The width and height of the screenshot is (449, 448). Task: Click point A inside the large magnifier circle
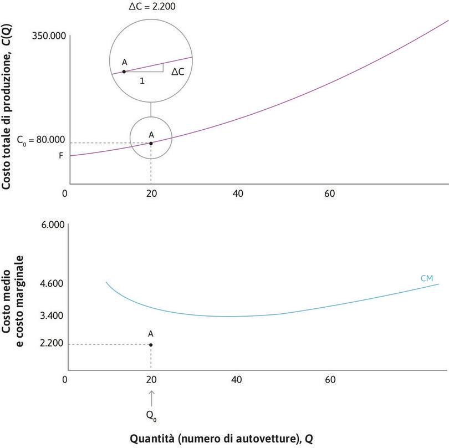pos(124,72)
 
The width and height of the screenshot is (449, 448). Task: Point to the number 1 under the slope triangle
pos(142,80)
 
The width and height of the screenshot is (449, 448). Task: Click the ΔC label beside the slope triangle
pos(178,72)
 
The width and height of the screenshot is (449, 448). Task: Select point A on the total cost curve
pos(151,143)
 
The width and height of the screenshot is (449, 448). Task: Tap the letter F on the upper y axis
pos(61,156)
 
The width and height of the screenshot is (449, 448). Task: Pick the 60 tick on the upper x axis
pos(330,194)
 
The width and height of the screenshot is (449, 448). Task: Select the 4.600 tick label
pos(53,283)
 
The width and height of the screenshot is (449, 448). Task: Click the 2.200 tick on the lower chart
pos(53,344)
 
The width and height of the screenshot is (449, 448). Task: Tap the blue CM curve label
pos(426,278)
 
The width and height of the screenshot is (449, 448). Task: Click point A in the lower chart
pos(151,344)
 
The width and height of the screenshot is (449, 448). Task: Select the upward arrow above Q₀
pos(151,398)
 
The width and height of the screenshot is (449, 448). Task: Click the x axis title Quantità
pos(221,438)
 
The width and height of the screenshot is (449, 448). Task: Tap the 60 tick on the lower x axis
pos(330,380)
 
